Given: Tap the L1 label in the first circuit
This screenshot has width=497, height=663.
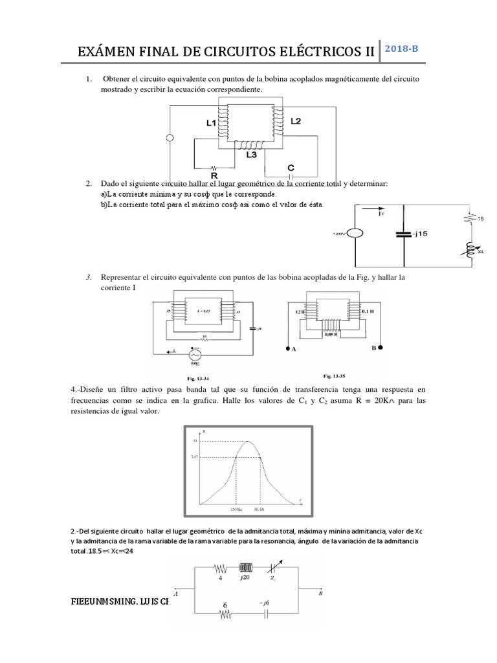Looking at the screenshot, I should [212, 122].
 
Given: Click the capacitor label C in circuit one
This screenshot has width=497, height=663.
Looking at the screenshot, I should [291, 167].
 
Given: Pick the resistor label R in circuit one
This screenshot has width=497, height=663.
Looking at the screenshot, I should [214, 174].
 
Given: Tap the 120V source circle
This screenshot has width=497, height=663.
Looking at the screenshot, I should [355, 233].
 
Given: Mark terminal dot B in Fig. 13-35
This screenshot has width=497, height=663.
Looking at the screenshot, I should [381, 348].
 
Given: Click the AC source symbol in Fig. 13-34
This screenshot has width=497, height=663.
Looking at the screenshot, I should [193, 355].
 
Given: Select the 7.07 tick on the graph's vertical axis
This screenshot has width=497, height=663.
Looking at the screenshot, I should [195, 458].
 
